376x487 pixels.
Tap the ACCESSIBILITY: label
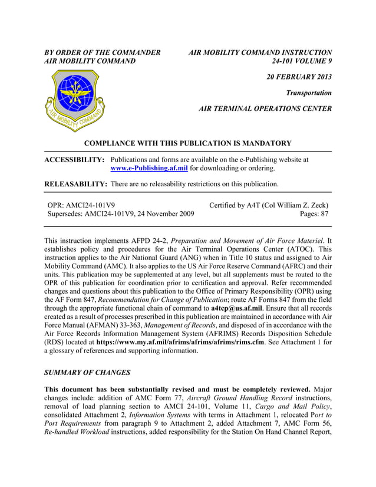pos(75,159)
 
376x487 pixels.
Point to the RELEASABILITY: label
pos(75,184)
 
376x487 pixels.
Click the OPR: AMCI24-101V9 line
pos(81,205)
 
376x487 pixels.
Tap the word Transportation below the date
pos(309,93)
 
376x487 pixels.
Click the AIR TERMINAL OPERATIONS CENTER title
pos(265,108)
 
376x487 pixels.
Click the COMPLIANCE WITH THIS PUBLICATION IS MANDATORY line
pos(188,143)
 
